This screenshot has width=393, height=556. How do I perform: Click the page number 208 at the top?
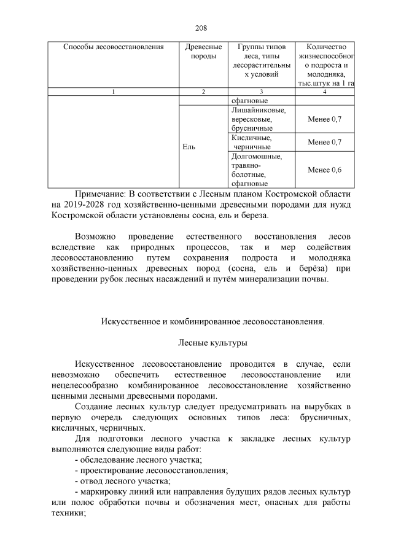[201, 28]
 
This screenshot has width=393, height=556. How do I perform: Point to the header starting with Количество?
[325, 47]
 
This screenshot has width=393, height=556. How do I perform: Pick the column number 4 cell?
[325, 92]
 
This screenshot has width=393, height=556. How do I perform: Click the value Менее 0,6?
[325, 170]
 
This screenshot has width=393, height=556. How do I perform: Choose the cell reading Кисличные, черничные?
[252, 143]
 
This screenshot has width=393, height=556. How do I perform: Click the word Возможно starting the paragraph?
[95, 237]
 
